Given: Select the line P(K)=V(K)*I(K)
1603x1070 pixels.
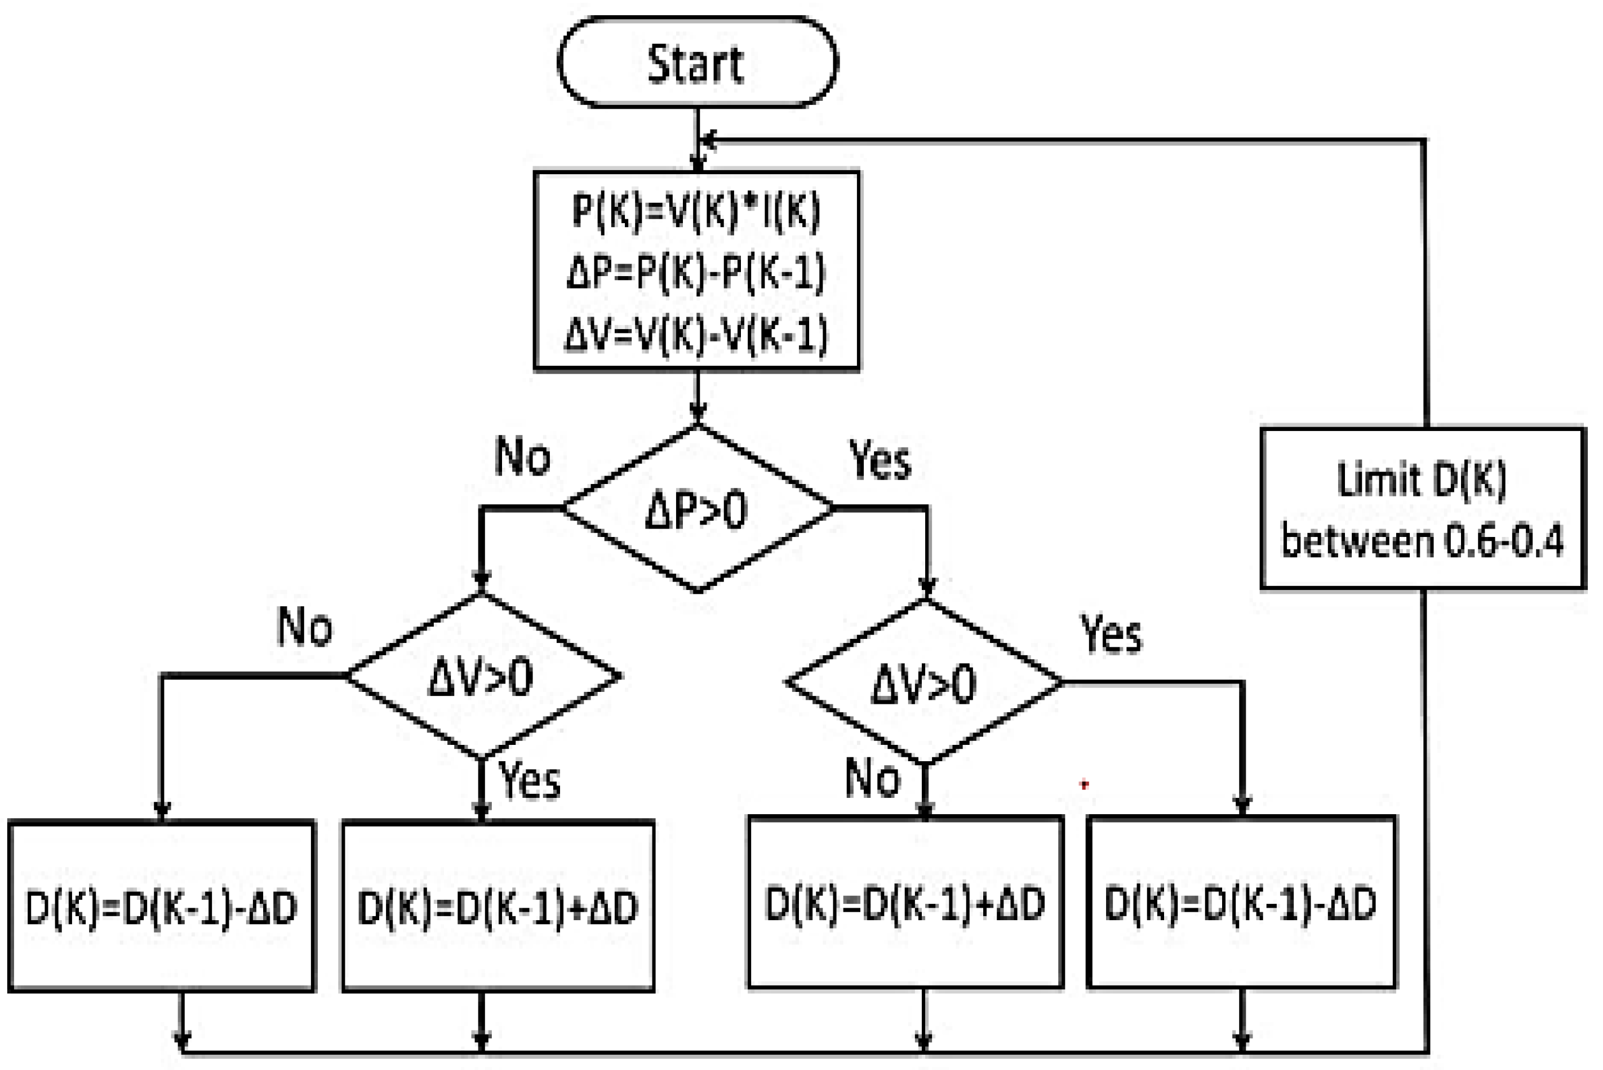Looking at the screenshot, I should (696, 210).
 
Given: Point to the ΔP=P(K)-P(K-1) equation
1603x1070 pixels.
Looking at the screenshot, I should (696, 272).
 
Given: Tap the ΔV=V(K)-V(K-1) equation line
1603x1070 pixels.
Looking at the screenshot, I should (696, 334).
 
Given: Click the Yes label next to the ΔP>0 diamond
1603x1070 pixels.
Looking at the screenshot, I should (880, 460).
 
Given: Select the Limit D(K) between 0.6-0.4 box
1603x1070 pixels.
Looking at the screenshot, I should (1423, 508).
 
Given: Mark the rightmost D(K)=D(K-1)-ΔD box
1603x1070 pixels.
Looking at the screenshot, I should (1241, 903).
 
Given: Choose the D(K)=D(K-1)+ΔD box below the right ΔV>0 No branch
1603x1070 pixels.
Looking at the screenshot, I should (905, 903).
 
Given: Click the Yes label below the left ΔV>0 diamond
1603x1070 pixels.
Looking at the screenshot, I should (530, 780).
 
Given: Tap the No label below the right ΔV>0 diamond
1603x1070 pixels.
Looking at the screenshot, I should (872, 778).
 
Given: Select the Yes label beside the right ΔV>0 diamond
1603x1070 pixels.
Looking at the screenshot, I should (1111, 634).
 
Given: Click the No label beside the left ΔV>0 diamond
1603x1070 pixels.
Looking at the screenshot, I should (305, 627).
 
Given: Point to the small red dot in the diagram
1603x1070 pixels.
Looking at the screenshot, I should (1084, 785).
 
